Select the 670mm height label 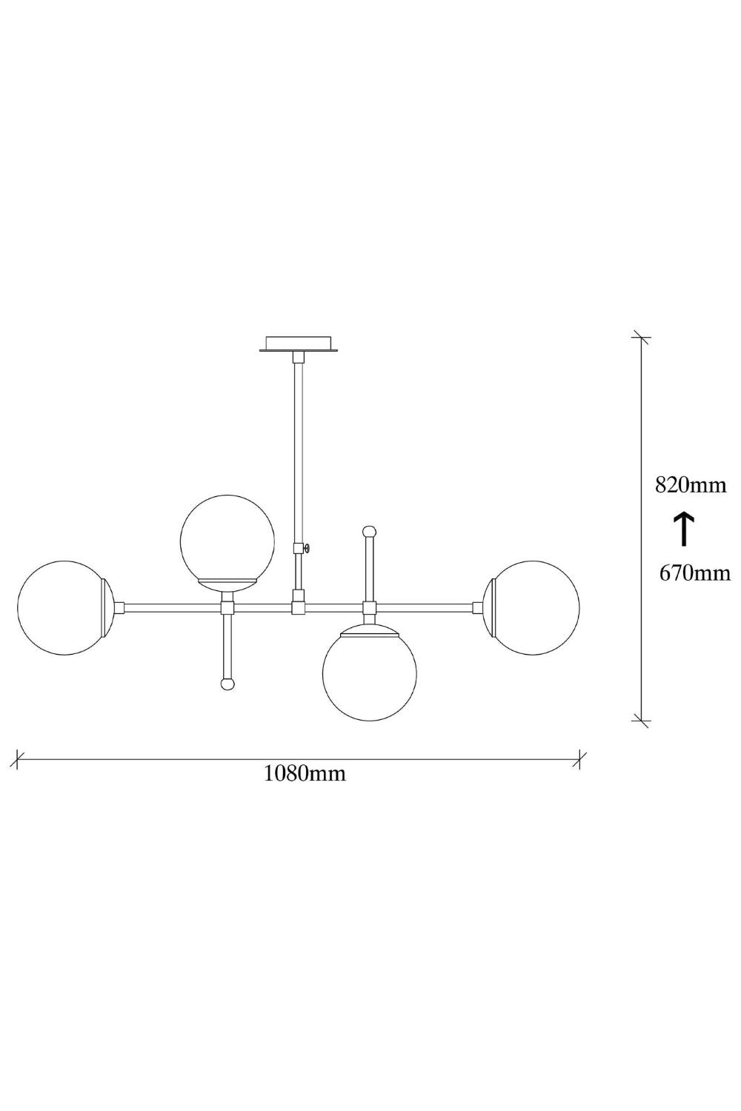[x=694, y=573]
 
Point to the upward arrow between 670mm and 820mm [x=683, y=529]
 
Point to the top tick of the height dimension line [x=641, y=337]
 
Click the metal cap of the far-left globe [x=108, y=607]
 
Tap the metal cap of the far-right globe [x=487, y=607]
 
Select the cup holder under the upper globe [x=227, y=585]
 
